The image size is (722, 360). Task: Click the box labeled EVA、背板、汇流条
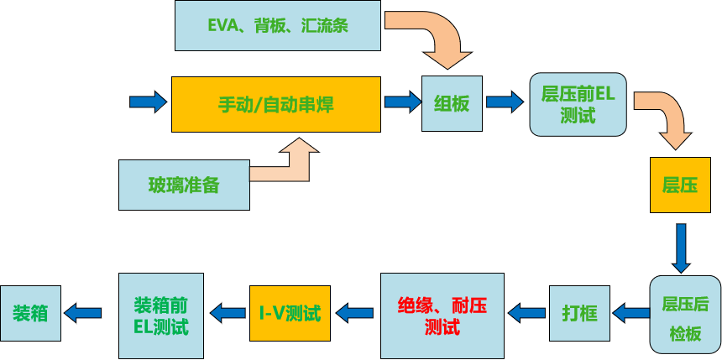point(277,25)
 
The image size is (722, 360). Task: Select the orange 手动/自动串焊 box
point(275,104)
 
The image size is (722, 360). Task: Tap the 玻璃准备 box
point(184,185)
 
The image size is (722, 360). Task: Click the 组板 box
point(452,103)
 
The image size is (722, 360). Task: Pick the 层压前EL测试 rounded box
point(578,104)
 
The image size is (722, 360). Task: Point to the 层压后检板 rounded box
point(685,316)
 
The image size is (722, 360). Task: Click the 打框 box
point(579,314)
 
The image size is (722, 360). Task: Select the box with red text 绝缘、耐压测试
point(442,315)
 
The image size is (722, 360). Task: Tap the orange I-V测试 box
point(290,314)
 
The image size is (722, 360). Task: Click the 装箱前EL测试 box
point(161,314)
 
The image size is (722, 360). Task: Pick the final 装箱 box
point(30,313)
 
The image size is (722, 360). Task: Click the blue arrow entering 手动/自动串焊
point(149,102)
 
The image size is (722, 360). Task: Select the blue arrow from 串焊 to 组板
point(401,102)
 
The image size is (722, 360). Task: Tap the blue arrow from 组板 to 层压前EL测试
point(505,102)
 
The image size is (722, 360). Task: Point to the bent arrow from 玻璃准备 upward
point(290,164)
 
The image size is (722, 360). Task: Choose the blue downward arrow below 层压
point(681,247)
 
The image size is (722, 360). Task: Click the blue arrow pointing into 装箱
point(83,313)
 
